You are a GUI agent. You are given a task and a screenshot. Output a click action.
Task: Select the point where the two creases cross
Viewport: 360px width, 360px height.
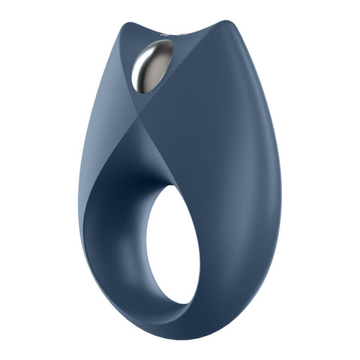tap(133, 119)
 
